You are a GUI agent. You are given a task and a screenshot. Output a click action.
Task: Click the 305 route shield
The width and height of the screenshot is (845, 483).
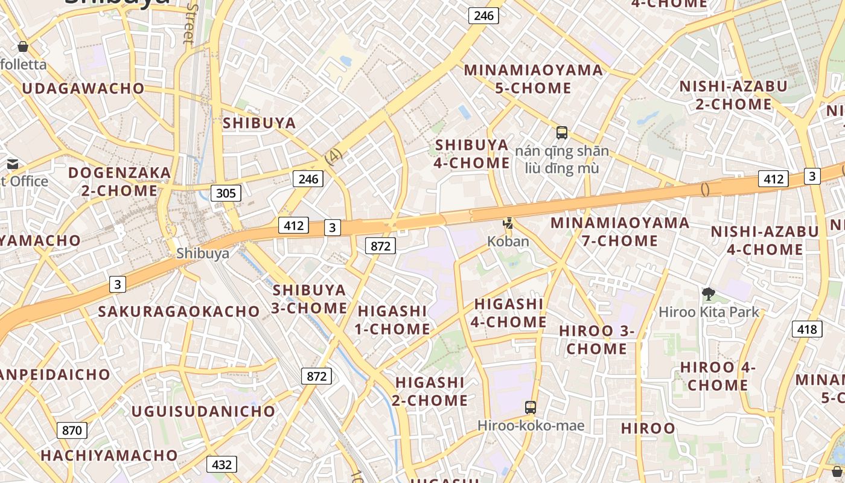tap(226, 193)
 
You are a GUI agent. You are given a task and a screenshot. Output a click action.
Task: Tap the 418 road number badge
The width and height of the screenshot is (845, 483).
tap(807, 329)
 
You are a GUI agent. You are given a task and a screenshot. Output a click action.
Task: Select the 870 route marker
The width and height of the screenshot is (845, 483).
tap(72, 430)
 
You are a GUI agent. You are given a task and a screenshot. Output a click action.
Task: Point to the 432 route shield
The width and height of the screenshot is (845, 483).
tap(222, 464)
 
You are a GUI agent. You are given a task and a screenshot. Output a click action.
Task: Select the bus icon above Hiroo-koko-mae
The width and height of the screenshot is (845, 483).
tap(531, 408)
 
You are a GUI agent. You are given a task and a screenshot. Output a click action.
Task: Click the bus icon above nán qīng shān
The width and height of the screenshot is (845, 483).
tap(562, 133)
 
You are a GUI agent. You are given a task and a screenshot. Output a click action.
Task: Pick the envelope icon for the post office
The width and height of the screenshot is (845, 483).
tap(13, 164)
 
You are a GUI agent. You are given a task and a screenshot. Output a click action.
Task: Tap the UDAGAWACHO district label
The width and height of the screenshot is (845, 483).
tap(83, 89)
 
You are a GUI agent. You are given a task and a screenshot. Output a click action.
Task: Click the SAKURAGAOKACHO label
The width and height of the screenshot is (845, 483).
tap(179, 312)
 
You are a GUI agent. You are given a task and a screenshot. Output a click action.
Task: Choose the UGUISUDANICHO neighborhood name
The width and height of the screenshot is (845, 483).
tap(203, 411)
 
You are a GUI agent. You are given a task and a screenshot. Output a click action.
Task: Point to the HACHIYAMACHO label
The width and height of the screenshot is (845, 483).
tap(109, 455)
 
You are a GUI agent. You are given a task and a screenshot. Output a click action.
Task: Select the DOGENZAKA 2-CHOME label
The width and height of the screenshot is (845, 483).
tap(120, 182)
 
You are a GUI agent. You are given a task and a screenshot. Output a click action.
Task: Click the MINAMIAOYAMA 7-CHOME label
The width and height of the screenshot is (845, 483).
tap(620, 231)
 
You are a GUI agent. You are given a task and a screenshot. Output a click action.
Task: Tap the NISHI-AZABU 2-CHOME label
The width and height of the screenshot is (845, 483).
tap(733, 95)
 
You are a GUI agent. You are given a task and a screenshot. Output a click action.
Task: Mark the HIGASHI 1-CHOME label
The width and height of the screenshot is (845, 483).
tap(394, 320)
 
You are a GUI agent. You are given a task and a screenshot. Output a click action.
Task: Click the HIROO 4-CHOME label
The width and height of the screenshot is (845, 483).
tap(718, 376)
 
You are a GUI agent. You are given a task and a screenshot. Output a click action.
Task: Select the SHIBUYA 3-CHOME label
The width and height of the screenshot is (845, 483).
tap(309, 299)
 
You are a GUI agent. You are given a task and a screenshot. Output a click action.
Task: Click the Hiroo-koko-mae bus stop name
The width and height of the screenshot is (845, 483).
tap(531, 426)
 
